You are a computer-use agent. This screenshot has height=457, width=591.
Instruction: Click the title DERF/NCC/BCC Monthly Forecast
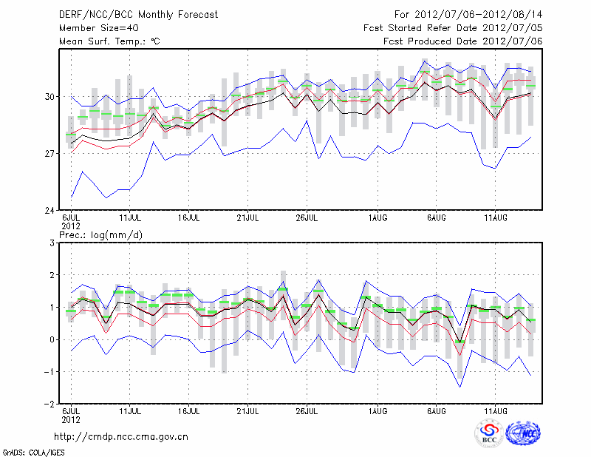point(129,14)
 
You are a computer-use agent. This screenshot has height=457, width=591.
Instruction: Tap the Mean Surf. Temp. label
point(109,41)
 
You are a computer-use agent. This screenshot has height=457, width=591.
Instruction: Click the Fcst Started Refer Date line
point(453,27)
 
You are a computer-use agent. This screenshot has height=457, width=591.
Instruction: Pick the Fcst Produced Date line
point(462,41)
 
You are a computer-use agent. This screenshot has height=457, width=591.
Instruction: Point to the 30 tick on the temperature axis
point(49,97)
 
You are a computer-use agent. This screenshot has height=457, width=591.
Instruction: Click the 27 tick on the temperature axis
point(49,154)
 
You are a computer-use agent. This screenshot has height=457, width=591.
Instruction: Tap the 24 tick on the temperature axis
point(49,211)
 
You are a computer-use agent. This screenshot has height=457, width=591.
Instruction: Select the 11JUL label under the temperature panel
point(131,218)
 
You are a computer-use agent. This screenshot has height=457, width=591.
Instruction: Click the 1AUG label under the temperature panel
point(378,218)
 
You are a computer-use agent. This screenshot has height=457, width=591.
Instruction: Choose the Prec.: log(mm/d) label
point(103,234)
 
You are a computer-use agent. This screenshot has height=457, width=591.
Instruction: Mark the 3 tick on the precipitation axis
point(52,243)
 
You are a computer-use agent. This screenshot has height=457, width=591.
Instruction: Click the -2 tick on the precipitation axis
point(49,404)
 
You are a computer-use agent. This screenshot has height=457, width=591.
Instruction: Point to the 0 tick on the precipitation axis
point(52,340)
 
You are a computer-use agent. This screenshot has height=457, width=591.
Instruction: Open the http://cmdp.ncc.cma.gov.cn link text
point(121,436)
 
